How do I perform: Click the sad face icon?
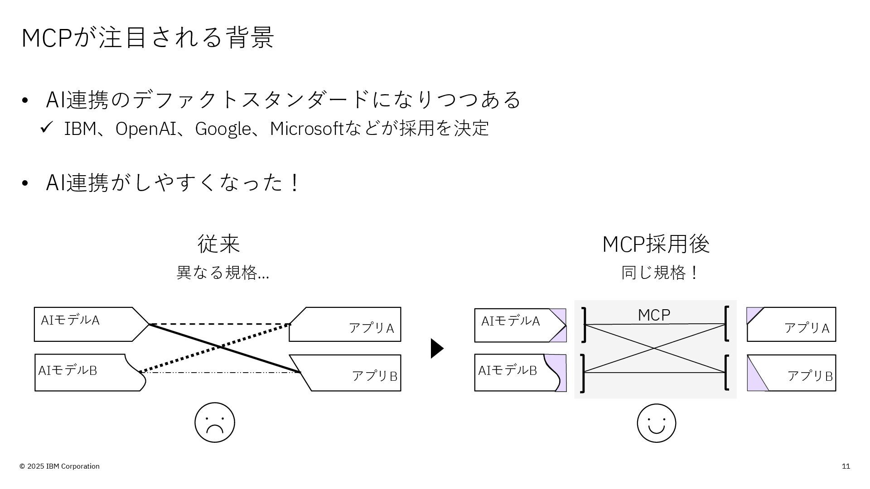(215, 422)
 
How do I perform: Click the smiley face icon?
(656, 423)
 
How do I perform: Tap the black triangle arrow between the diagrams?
(436, 348)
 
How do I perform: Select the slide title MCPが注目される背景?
(148, 37)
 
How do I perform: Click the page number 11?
(846, 466)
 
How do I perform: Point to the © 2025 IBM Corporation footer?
(59, 466)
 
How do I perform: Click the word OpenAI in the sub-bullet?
(145, 129)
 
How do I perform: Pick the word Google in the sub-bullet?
(222, 129)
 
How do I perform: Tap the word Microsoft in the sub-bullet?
(307, 129)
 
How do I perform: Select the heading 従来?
(218, 244)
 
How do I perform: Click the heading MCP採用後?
(656, 244)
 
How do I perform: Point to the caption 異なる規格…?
(222, 273)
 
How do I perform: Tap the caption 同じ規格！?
(660, 273)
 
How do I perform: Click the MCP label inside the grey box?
(654, 315)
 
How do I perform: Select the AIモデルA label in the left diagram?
(70, 320)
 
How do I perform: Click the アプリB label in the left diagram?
(374, 376)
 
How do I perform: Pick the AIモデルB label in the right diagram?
(507, 370)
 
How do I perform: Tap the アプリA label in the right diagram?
(807, 328)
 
